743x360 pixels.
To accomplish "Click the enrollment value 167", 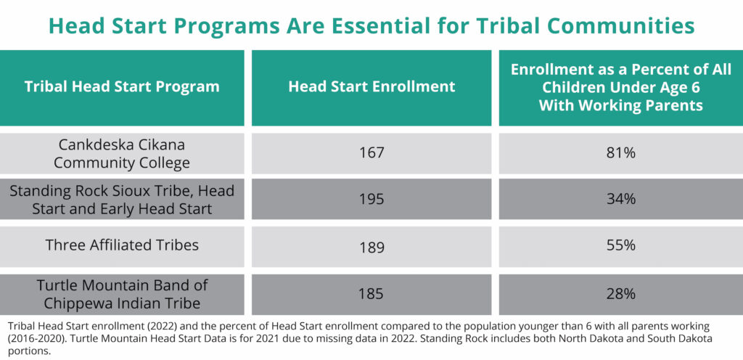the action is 371,153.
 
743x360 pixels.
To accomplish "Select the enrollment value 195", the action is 371,200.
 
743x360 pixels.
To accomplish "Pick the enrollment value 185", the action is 371,294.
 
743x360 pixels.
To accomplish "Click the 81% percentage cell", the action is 621,153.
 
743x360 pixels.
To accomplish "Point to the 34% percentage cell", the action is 621,200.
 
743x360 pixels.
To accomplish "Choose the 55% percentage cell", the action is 621,246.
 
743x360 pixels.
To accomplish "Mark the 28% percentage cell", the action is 621,294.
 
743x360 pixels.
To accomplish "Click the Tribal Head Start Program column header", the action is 122,87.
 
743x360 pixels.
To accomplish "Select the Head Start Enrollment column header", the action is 371,86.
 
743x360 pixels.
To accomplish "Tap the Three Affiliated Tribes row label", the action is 122,245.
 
